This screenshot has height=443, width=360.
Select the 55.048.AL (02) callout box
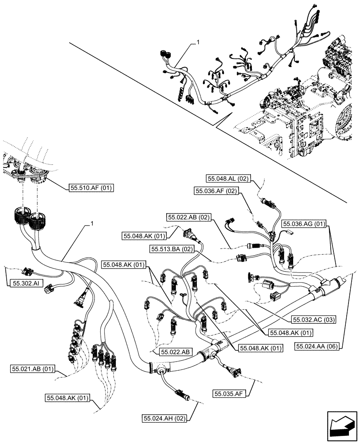point(229,179)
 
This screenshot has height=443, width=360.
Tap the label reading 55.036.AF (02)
point(216,191)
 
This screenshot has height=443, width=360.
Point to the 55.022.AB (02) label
point(190,217)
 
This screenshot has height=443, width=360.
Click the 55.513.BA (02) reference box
point(172,249)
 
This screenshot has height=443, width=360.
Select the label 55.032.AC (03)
point(313,319)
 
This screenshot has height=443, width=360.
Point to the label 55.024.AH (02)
point(165,417)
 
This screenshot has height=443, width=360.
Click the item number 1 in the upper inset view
point(198,43)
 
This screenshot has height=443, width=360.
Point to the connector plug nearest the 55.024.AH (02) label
point(182,392)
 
